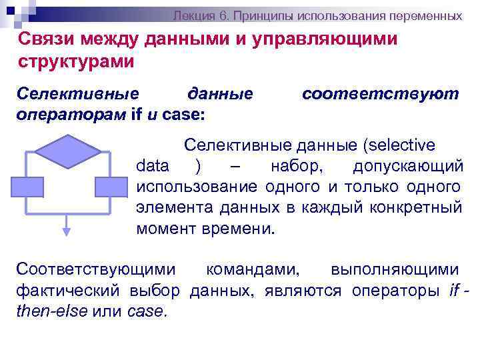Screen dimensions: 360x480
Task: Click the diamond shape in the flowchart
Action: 67,151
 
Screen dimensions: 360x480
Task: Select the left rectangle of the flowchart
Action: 27,187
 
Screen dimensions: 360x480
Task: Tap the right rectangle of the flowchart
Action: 110,187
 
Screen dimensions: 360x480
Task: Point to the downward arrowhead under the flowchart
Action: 67,231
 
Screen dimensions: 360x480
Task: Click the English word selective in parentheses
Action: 401,145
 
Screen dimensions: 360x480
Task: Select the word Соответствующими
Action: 96,269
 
